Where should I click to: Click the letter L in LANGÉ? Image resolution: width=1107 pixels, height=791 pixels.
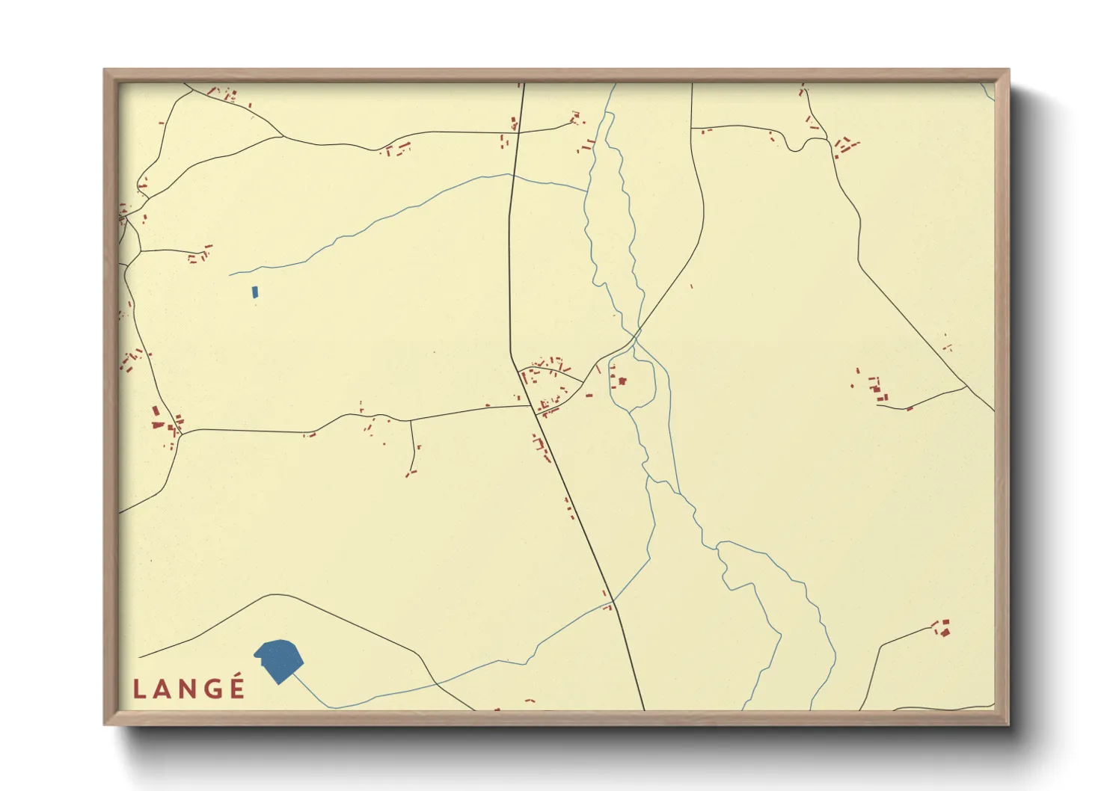138,689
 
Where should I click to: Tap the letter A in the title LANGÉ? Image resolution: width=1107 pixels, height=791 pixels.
162,689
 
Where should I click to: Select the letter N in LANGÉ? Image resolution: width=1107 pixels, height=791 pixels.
187,689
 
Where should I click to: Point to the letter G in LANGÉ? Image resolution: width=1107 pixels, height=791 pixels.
212,689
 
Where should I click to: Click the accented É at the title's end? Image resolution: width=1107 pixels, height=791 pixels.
237,688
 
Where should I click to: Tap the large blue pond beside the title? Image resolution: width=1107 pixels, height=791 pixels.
280,659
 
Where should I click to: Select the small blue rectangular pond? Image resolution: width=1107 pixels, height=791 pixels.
255,292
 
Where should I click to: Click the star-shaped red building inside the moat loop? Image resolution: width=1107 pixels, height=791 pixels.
621,381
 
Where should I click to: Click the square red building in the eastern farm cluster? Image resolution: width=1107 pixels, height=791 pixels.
877,388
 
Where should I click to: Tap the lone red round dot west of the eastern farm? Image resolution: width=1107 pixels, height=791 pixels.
852,386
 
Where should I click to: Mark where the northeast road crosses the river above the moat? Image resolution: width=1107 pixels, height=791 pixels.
637,331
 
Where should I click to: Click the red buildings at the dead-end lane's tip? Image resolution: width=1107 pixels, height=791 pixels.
410,473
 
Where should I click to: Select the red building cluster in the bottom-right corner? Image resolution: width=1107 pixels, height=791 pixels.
943,628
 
